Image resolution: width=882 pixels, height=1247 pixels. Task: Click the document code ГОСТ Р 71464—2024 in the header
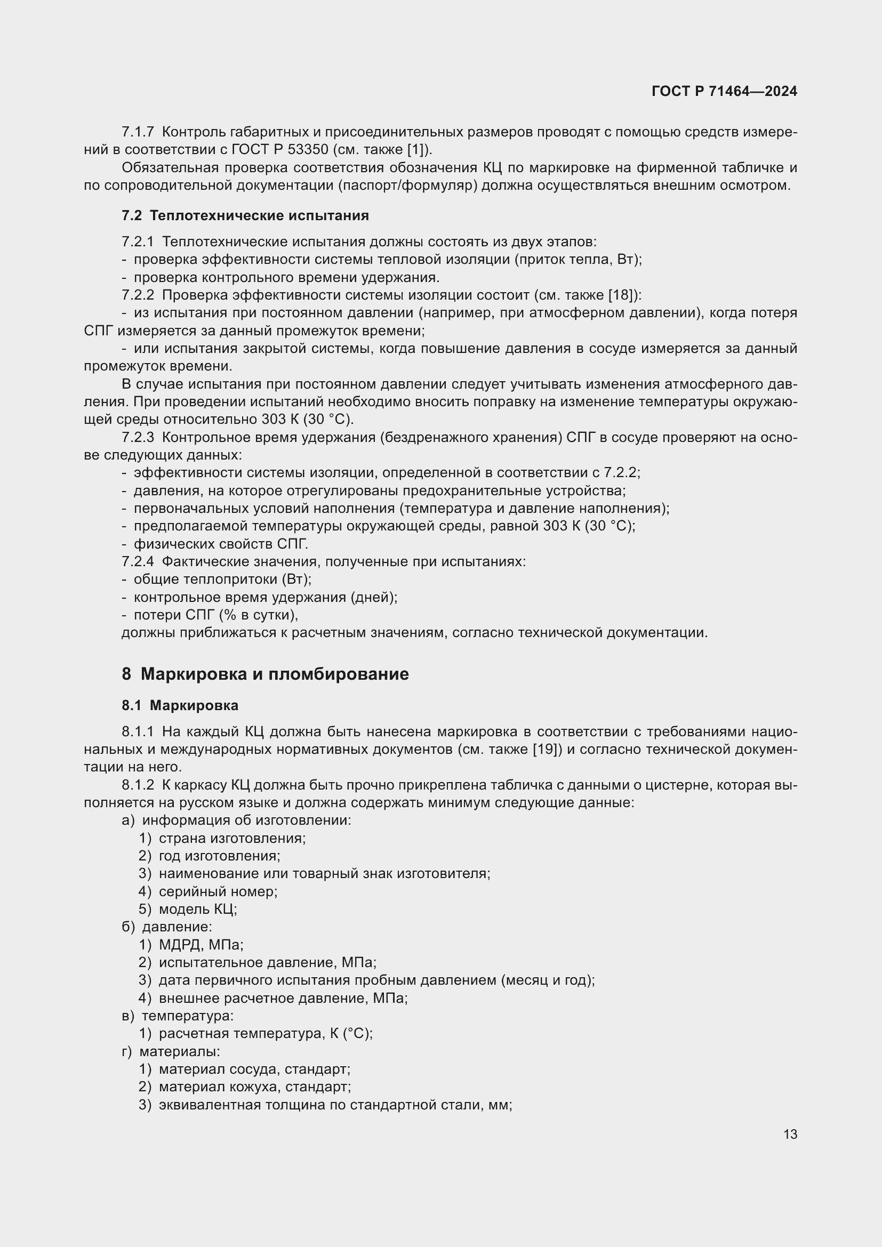(x=724, y=91)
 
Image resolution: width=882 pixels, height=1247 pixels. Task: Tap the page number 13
(x=790, y=1134)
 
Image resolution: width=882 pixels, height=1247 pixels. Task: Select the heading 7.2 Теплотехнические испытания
(x=245, y=215)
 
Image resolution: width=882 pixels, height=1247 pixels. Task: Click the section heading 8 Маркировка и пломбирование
(x=265, y=674)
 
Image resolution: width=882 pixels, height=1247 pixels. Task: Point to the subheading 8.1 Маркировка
(x=180, y=705)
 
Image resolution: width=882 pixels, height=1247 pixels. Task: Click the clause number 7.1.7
(x=138, y=132)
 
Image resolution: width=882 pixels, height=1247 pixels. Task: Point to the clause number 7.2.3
(x=138, y=437)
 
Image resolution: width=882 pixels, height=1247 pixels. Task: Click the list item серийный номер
(x=218, y=891)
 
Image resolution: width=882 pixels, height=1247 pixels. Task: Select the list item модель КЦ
(x=198, y=909)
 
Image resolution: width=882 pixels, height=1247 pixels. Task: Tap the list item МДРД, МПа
(x=201, y=945)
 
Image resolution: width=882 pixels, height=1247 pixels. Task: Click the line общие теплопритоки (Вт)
(x=222, y=579)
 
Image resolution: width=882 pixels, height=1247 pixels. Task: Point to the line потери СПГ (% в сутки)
(x=215, y=615)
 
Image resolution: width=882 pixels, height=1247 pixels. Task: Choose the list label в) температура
(x=178, y=1015)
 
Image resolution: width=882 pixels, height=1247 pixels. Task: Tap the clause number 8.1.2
(x=138, y=785)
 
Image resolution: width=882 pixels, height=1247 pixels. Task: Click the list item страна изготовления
(x=232, y=838)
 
